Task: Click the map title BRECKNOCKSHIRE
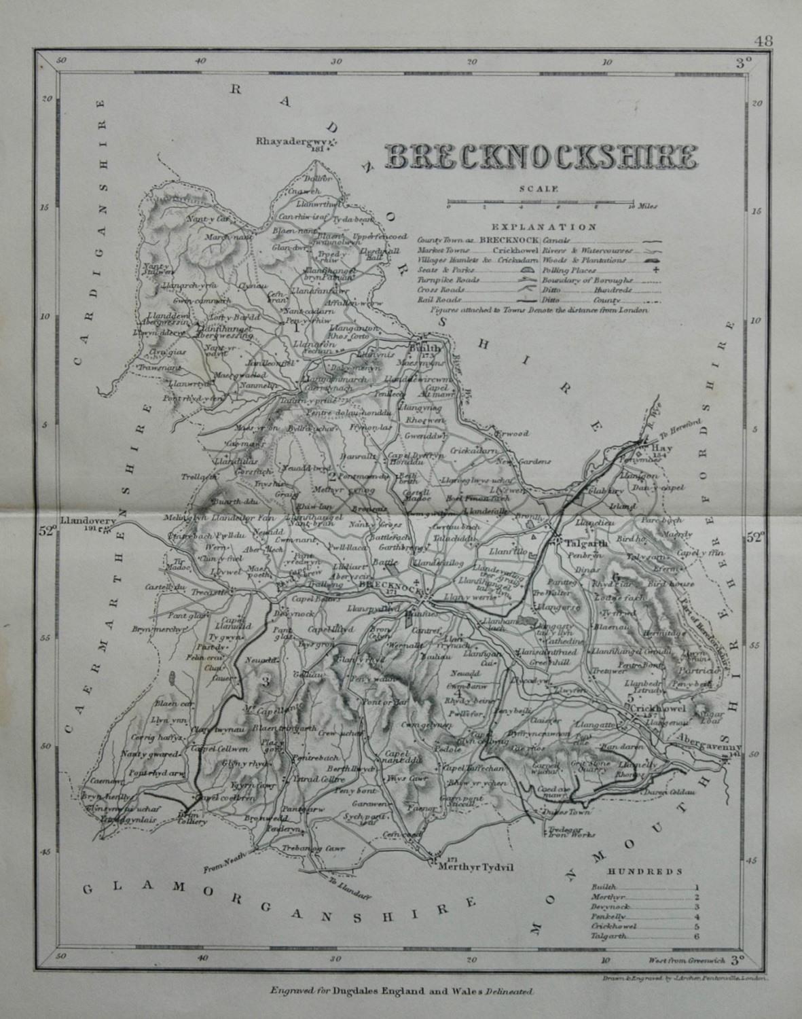[540, 156]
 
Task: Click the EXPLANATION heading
[543, 227]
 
